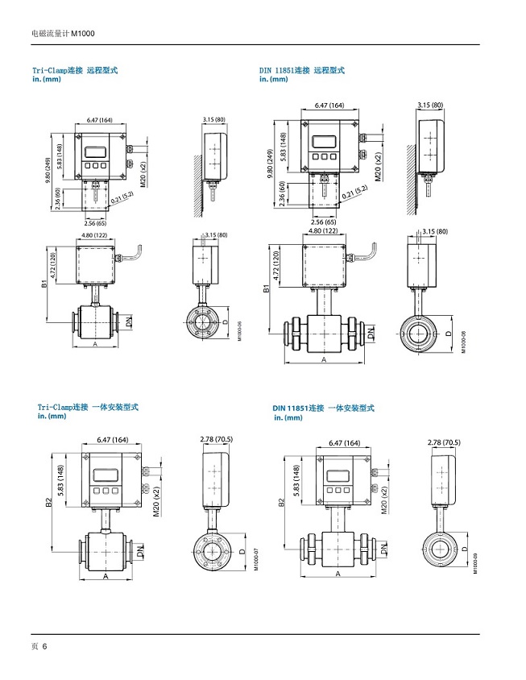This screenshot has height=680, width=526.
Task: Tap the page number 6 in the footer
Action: point(45,646)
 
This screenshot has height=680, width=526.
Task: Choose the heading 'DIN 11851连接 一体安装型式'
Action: point(323,409)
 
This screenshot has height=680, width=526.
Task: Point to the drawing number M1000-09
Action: point(475,560)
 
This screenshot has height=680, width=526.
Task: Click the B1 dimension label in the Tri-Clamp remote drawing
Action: point(46,284)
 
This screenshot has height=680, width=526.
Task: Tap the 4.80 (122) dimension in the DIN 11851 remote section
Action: point(323,231)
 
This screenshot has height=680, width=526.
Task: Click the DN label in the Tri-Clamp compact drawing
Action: point(140,552)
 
